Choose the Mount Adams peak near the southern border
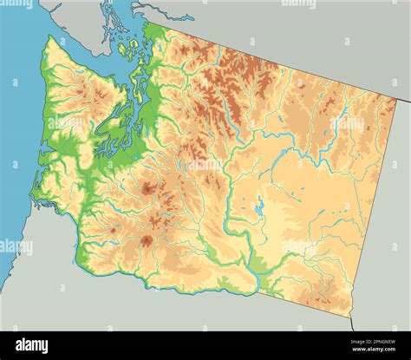(147, 240)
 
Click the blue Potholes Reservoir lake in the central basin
(258, 208)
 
